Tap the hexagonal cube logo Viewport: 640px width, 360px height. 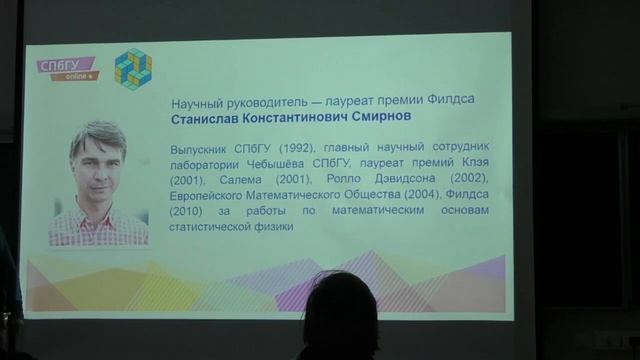[132, 68]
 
